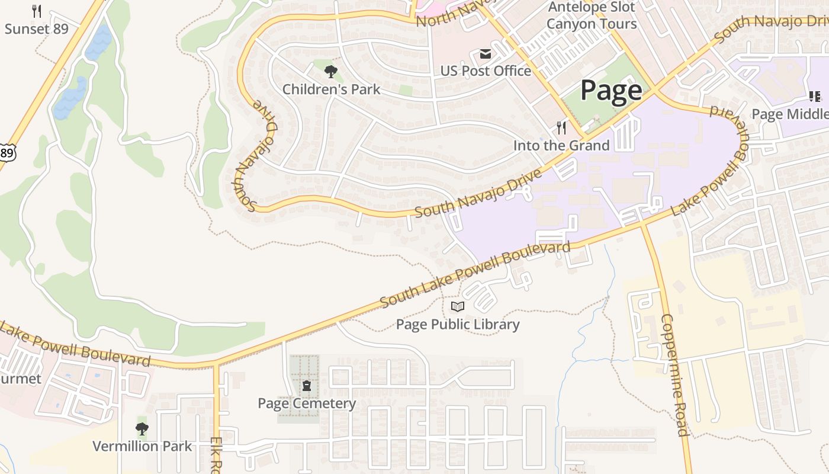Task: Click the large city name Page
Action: click(610, 91)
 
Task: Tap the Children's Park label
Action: click(331, 89)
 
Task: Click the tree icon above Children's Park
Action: click(331, 72)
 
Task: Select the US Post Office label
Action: click(485, 71)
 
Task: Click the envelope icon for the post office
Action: click(485, 55)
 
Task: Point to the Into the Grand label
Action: click(561, 146)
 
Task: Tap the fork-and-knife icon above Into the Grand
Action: click(561, 128)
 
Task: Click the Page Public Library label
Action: click(458, 324)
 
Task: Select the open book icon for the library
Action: click(458, 307)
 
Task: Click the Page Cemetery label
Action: click(307, 403)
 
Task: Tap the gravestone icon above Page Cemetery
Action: click(307, 386)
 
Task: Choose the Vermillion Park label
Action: click(142, 446)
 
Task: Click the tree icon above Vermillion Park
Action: click(142, 428)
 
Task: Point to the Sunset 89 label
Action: click(37, 28)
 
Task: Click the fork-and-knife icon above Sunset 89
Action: click(37, 11)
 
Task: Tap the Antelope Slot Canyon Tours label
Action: click(591, 16)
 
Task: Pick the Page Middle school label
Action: click(790, 114)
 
